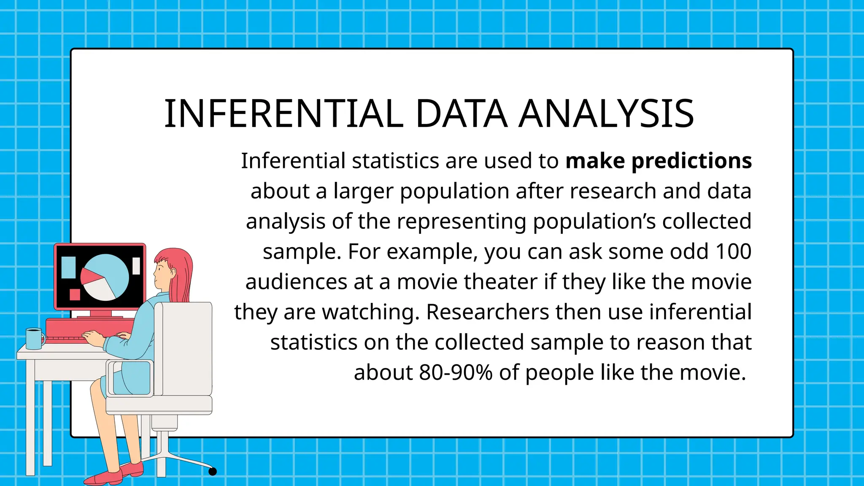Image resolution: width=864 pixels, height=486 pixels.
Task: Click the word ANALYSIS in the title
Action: point(606,114)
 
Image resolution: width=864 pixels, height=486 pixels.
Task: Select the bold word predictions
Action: point(691,161)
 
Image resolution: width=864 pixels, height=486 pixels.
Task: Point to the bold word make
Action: point(595,161)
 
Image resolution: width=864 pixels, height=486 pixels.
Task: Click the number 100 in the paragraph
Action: point(734,251)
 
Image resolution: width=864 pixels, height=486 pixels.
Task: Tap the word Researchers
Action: point(487,312)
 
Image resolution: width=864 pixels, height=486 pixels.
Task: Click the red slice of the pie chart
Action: point(90,276)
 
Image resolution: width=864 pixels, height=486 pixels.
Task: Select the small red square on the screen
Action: point(75,294)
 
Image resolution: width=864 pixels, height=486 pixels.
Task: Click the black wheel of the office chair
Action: point(213,471)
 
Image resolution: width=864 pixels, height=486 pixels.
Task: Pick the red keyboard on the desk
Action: point(89,328)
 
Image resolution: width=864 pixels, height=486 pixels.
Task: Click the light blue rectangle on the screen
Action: point(68,267)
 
